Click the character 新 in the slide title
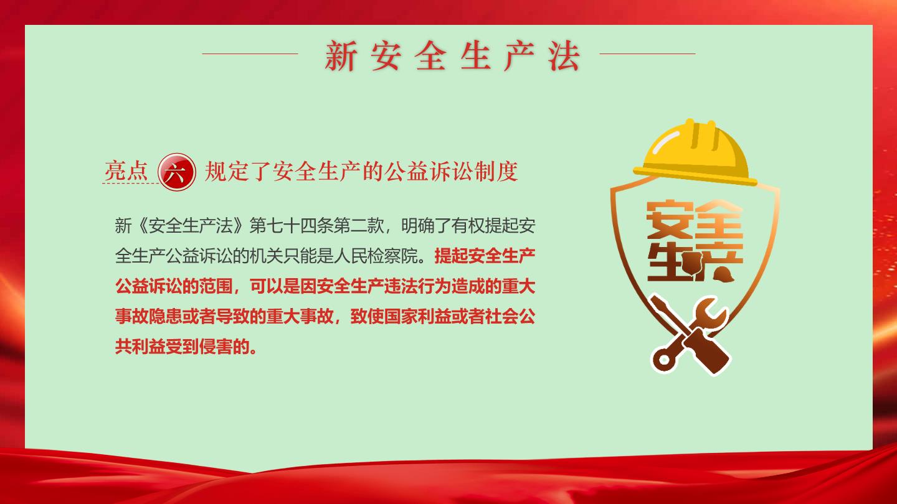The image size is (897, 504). pos(340,56)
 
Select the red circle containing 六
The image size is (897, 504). pos(177,172)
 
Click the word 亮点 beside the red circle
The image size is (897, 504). pos(126,171)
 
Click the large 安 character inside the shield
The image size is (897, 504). pos(670,220)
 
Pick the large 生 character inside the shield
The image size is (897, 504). pos(667,261)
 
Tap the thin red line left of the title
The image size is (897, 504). pos(250,54)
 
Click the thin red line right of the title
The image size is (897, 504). pos(648,54)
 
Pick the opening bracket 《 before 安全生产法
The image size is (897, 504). pos(140,226)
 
